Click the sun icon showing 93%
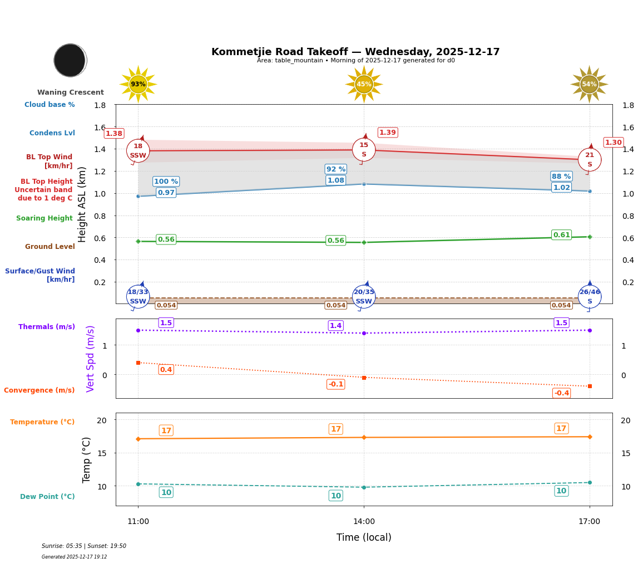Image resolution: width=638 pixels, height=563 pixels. coord(138,84)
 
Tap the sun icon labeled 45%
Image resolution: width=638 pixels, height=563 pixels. coord(364,84)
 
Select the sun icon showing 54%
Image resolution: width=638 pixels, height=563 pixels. coord(589,84)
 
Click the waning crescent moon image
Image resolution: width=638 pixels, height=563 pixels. coord(70,60)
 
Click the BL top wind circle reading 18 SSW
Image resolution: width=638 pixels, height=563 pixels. coord(138,150)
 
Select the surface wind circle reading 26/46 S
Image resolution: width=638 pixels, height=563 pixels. coord(590,296)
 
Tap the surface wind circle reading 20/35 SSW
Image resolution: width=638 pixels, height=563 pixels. coord(364,296)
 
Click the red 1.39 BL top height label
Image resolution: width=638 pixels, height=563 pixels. coord(388,133)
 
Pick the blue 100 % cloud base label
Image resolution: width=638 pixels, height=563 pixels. coord(166,182)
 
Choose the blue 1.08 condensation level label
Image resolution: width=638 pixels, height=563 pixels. coord(336,180)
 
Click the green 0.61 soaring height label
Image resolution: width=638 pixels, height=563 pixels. coord(561,235)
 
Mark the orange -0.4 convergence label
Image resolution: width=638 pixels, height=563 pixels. coord(561,393)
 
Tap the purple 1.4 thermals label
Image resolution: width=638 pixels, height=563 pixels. coord(336,326)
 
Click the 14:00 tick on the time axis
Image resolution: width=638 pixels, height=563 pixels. coord(364,522)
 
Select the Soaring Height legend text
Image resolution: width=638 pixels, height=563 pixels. coord(44,218)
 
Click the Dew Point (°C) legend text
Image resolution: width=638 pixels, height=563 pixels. coord(47,497)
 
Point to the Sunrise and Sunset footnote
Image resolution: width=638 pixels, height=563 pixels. coord(84,546)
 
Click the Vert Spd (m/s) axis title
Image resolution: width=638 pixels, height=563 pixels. coord(91,359)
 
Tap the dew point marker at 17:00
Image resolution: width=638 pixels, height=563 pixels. coord(590,482)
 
